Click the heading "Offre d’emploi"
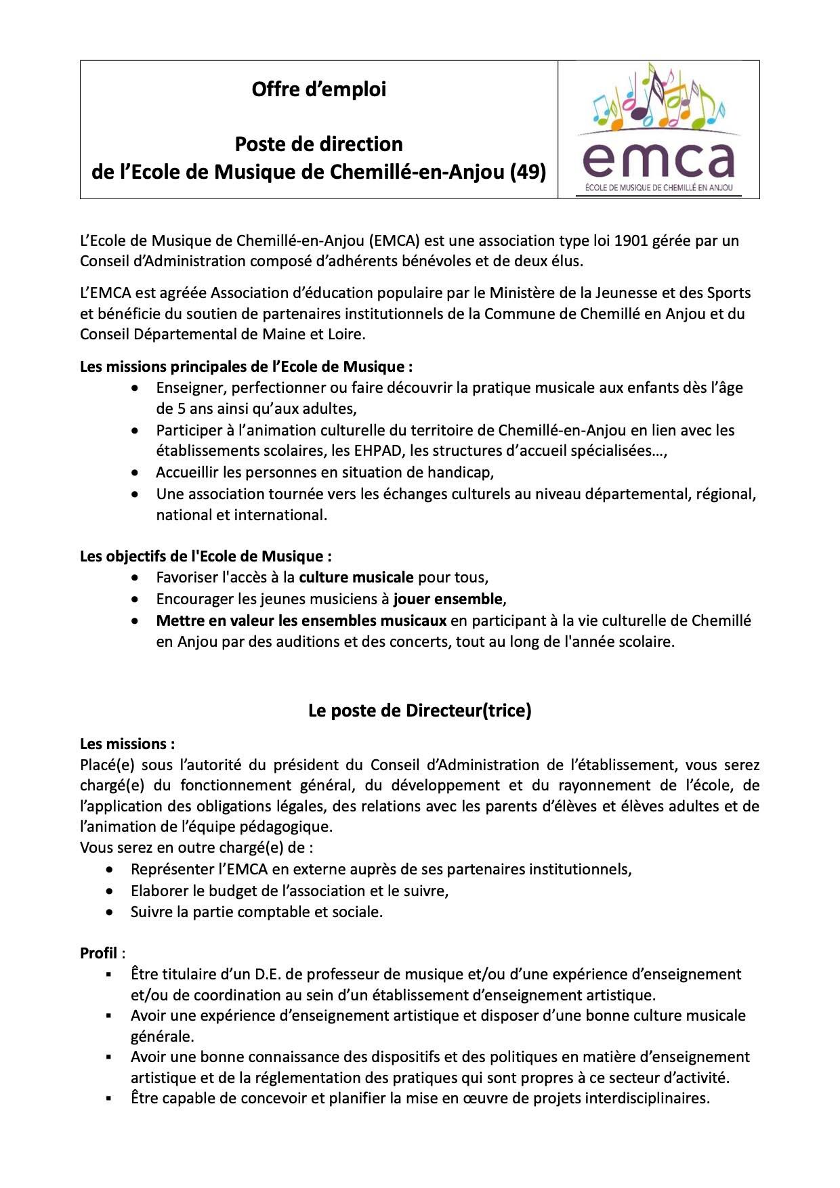point(318,89)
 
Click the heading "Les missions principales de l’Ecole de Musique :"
point(246,366)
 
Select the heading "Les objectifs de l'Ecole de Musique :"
point(206,556)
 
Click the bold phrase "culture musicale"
point(356,578)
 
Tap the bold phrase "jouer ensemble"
point(448,599)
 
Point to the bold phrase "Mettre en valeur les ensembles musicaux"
point(301,620)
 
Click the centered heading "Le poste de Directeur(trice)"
point(419,710)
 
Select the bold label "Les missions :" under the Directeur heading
point(127,744)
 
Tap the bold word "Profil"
point(99,953)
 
